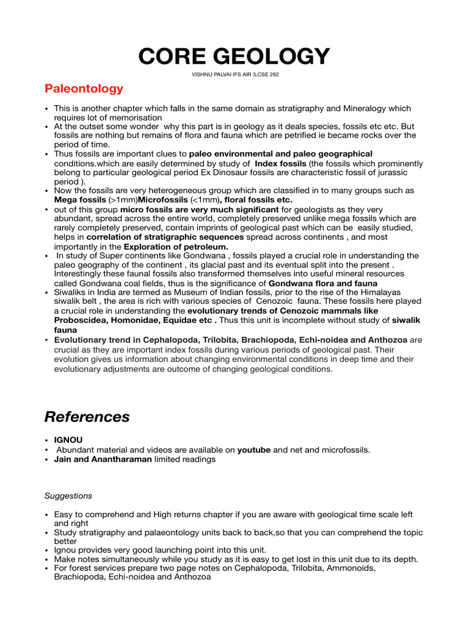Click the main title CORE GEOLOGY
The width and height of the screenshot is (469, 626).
234,56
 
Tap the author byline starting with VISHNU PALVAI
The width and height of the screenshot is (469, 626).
234,75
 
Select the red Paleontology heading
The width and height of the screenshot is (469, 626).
84,89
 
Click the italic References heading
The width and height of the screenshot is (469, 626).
87,417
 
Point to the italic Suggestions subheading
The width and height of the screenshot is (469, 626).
68,496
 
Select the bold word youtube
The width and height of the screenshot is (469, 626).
253,449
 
